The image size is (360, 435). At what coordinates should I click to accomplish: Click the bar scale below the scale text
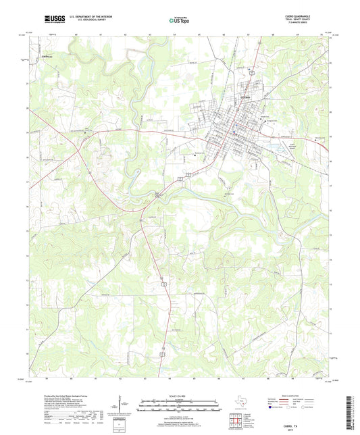coord(179,404)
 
